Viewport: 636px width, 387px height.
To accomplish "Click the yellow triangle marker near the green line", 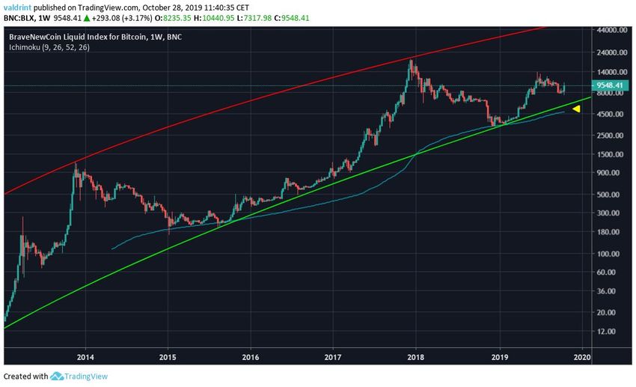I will coord(576,109).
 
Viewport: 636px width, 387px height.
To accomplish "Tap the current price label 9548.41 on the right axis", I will coord(610,85).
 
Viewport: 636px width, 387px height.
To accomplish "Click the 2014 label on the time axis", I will coord(85,357).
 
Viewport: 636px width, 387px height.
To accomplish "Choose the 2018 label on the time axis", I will coord(417,357).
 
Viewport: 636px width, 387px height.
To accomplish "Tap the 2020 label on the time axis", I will coord(582,357).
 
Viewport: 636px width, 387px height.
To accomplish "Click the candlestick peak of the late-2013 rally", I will coord(76,164).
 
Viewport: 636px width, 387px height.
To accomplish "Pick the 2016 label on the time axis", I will coord(251,357).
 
